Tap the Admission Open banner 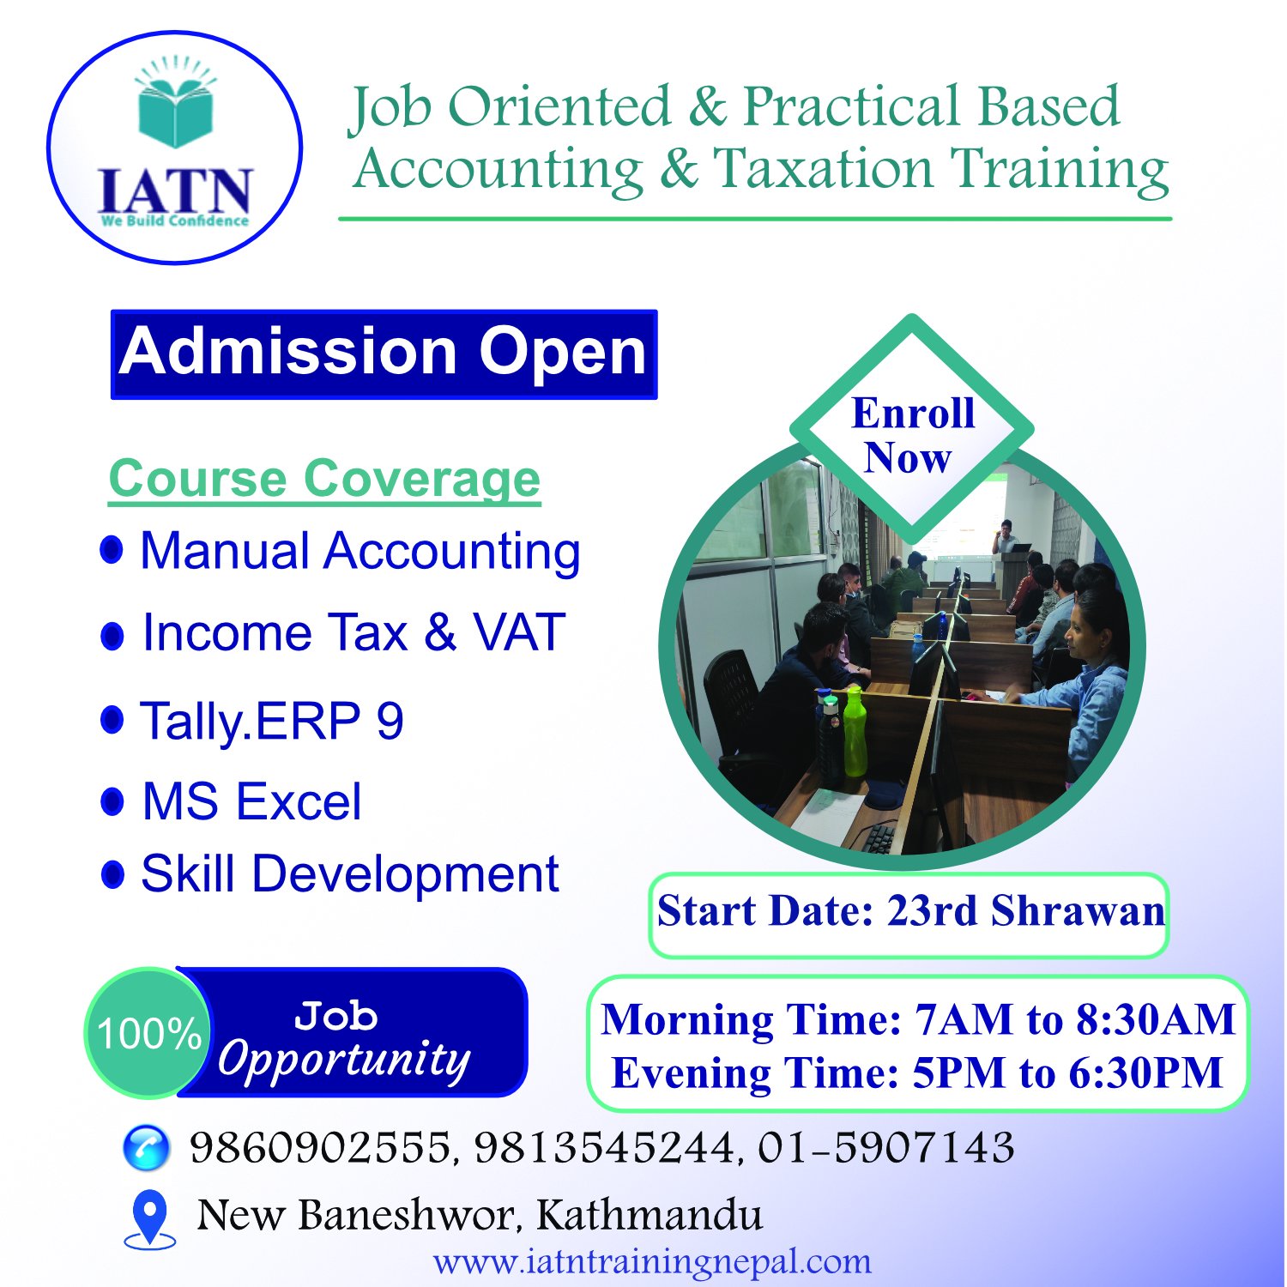click(x=384, y=354)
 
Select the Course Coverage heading click(x=324, y=478)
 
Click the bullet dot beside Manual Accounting click(x=112, y=549)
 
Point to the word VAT click(x=519, y=632)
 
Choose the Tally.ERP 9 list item click(x=271, y=720)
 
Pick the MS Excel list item click(x=251, y=801)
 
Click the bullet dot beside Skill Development click(x=112, y=874)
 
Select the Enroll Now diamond click(x=911, y=429)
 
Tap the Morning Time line click(x=918, y=1019)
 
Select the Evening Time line click(x=917, y=1072)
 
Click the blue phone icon click(x=147, y=1148)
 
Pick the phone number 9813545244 click(x=603, y=1148)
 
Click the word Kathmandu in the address click(x=650, y=1215)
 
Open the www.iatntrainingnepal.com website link click(x=652, y=1261)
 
